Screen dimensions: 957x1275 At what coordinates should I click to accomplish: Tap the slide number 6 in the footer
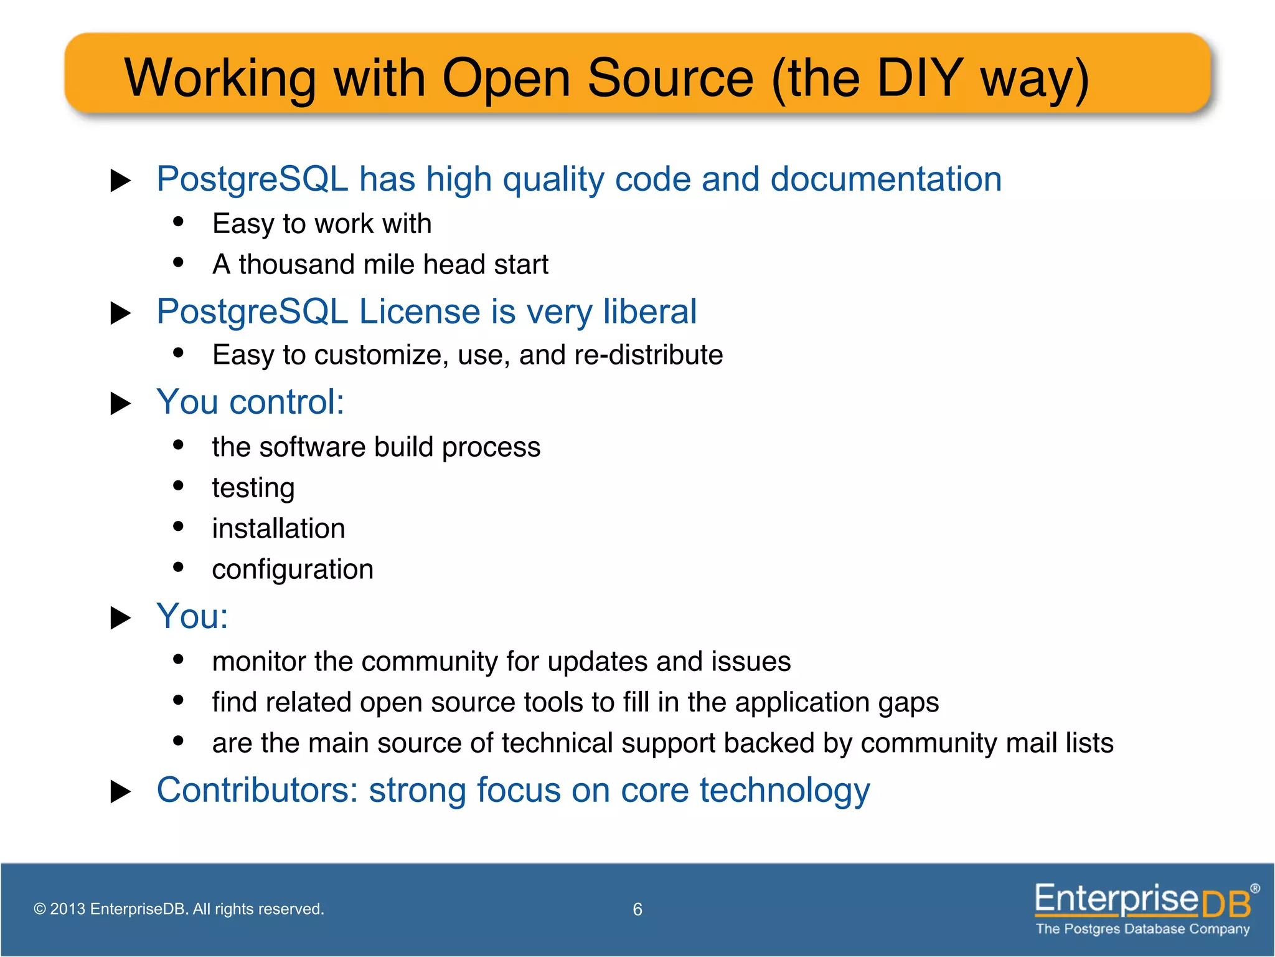click(637, 910)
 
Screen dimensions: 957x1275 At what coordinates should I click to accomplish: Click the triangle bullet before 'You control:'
click(120, 404)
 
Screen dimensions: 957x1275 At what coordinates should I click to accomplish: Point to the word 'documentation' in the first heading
click(886, 179)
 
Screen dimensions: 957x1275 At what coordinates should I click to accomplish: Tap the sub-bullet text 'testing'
click(253, 488)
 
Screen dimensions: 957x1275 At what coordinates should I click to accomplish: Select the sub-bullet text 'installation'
click(278, 529)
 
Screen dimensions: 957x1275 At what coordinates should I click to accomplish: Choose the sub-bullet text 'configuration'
click(293, 569)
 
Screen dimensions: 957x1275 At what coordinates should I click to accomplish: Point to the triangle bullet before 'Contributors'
click(120, 792)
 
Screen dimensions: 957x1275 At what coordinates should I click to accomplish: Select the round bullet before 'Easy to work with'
click(179, 221)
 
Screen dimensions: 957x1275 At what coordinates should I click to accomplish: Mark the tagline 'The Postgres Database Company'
click(1142, 929)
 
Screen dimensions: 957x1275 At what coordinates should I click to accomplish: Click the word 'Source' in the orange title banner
click(670, 78)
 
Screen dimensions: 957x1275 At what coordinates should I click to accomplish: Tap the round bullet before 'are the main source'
click(179, 741)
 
